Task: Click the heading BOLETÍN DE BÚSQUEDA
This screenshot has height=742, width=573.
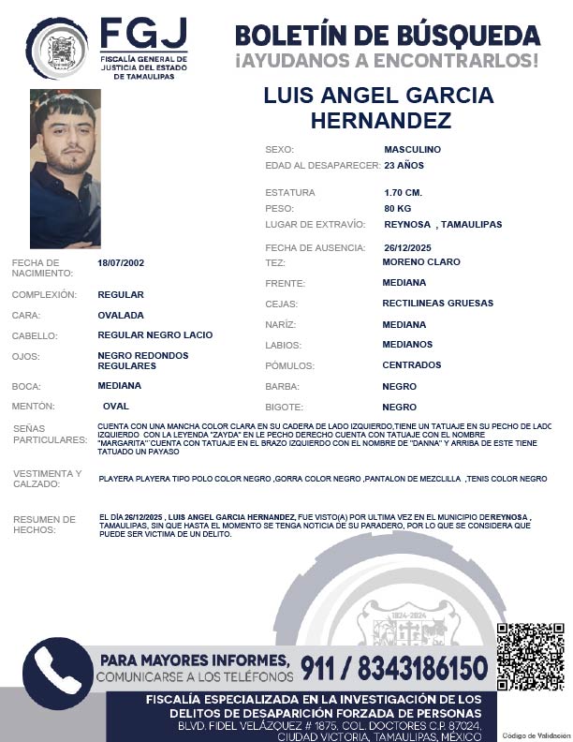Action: [x=388, y=36]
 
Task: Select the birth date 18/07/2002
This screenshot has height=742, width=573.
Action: [x=121, y=263]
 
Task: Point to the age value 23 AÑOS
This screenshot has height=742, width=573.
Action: [x=404, y=166]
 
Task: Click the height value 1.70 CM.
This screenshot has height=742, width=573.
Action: [x=403, y=193]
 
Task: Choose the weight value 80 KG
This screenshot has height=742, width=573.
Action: [x=398, y=208]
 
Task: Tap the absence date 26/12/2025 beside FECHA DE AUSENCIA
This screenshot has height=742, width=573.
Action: [x=408, y=247]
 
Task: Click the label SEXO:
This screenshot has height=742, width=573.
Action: [x=280, y=150]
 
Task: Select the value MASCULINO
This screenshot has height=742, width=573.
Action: [x=412, y=150]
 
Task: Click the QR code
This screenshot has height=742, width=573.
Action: [x=530, y=656]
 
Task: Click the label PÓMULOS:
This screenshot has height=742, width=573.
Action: [x=289, y=366]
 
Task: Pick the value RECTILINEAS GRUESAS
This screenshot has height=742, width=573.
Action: [x=437, y=304]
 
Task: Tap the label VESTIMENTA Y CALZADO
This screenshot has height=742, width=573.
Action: [x=48, y=479]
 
